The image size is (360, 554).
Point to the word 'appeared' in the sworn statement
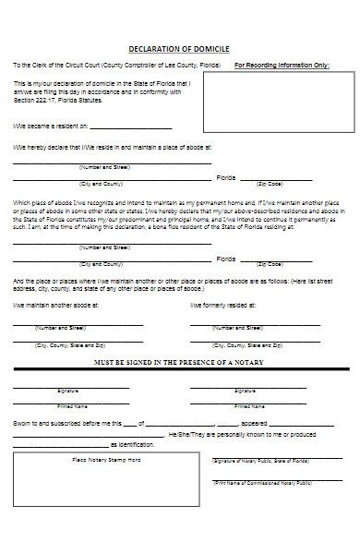[234, 423]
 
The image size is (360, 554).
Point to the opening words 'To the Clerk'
[32, 66]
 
